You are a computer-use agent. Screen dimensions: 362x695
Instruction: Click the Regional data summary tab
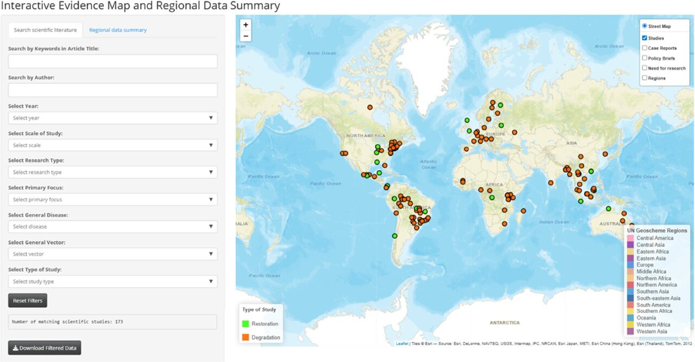118,30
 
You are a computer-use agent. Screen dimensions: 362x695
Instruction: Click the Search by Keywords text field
112,61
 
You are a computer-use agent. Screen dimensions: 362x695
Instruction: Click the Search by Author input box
112,90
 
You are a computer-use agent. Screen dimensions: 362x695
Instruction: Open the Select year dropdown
112,118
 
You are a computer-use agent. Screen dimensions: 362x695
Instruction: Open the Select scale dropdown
112,145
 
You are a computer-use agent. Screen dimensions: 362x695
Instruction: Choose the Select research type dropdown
112,172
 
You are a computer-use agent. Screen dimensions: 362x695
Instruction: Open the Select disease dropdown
112,227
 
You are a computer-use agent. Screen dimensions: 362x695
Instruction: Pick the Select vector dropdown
112,254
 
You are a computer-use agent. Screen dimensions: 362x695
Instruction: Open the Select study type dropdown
112,281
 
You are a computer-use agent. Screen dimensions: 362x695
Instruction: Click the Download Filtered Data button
45,348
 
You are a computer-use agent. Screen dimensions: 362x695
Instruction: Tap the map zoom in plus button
246,25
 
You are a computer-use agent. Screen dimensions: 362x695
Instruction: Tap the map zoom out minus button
246,36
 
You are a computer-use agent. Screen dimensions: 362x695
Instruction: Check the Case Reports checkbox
645,48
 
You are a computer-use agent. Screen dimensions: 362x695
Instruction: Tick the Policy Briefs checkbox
645,58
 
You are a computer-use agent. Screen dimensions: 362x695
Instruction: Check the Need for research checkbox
645,68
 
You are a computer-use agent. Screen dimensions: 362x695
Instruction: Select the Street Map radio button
645,26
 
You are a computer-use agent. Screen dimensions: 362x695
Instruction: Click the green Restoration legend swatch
246,324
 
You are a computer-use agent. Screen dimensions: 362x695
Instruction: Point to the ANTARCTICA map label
504,322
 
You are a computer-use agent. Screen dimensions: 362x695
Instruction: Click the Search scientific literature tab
45,30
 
